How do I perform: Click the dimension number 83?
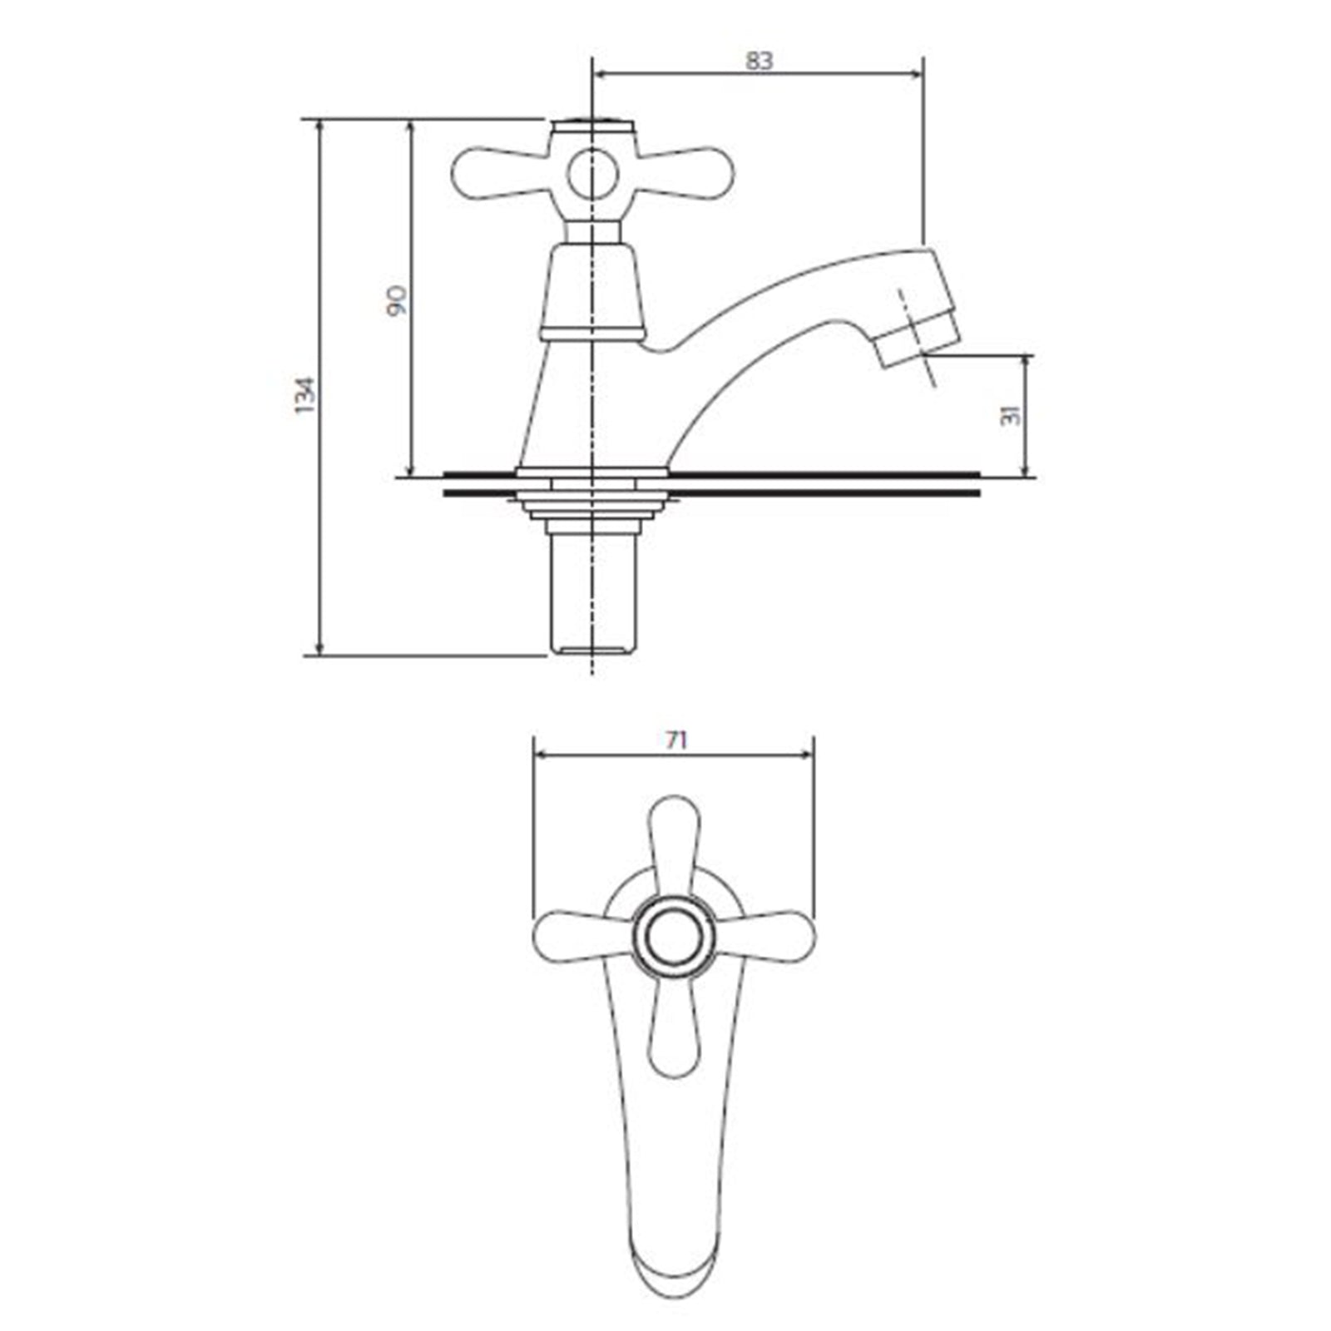[759, 61]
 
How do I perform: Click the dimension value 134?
[306, 396]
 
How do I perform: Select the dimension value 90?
[397, 299]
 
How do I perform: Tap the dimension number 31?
[1011, 415]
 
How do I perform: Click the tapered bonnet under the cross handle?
[592, 287]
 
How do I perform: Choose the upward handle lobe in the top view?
[673, 844]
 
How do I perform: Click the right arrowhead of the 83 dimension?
[918, 74]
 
